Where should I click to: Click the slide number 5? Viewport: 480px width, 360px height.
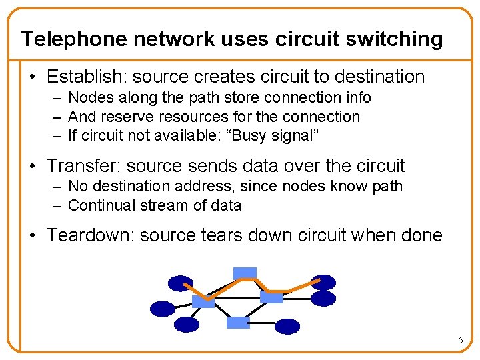point(460,341)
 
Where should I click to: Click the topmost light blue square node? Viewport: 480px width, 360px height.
point(245,272)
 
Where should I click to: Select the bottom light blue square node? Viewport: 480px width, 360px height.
point(238,323)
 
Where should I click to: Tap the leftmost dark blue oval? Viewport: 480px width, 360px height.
point(162,309)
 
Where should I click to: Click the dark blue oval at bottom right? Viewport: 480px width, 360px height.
point(287,326)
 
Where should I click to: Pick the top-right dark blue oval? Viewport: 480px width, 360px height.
point(324,283)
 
